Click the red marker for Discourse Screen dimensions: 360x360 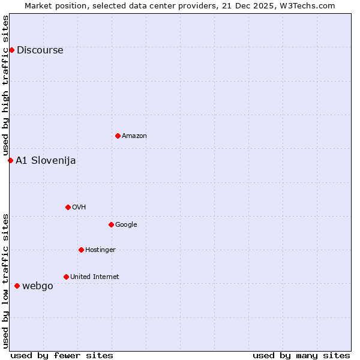pos(11,50)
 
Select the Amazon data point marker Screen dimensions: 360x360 pos(118,136)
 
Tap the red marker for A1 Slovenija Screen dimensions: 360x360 pos(10,160)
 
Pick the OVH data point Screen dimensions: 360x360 pos(68,207)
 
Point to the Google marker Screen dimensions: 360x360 pos(111,224)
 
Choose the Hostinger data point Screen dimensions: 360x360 pos(81,250)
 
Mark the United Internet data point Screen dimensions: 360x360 pos(66,277)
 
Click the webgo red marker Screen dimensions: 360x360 pos(17,286)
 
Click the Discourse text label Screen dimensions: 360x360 pos(40,50)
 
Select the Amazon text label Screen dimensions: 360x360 pos(134,136)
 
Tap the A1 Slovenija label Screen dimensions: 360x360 pos(46,161)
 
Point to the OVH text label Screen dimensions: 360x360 pos(79,208)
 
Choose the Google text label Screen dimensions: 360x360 pos(126,225)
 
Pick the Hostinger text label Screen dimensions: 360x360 pos(100,250)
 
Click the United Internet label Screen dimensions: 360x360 pos(95,277)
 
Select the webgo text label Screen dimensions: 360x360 pos(38,286)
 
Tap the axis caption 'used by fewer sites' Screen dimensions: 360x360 pos(62,355)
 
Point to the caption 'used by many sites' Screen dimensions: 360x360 pos(301,355)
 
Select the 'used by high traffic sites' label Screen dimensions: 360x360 pos(6,86)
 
